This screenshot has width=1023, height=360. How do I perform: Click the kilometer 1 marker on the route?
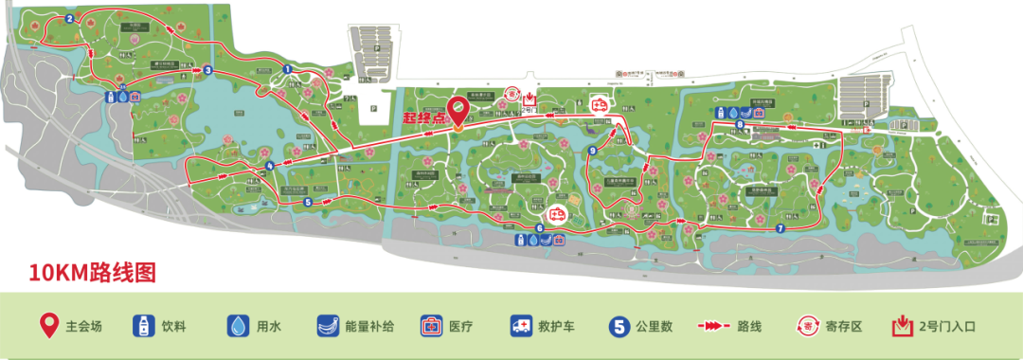[x=286, y=67]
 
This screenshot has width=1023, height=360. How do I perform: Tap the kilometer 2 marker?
[x=70, y=19]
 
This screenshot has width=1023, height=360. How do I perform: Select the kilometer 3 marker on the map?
[x=207, y=69]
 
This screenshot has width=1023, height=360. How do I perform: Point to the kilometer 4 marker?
[x=270, y=166]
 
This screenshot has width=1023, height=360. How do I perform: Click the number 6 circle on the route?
[x=540, y=227]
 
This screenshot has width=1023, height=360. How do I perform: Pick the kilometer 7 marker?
[x=780, y=228]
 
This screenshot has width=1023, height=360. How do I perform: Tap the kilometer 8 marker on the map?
[x=739, y=125]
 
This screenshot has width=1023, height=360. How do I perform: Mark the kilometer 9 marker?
[x=592, y=150]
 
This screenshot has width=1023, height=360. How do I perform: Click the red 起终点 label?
[x=422, y=119]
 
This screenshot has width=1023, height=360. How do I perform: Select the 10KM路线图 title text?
[x=91, y=273]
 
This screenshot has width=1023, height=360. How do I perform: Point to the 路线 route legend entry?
[x=725, y=327]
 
